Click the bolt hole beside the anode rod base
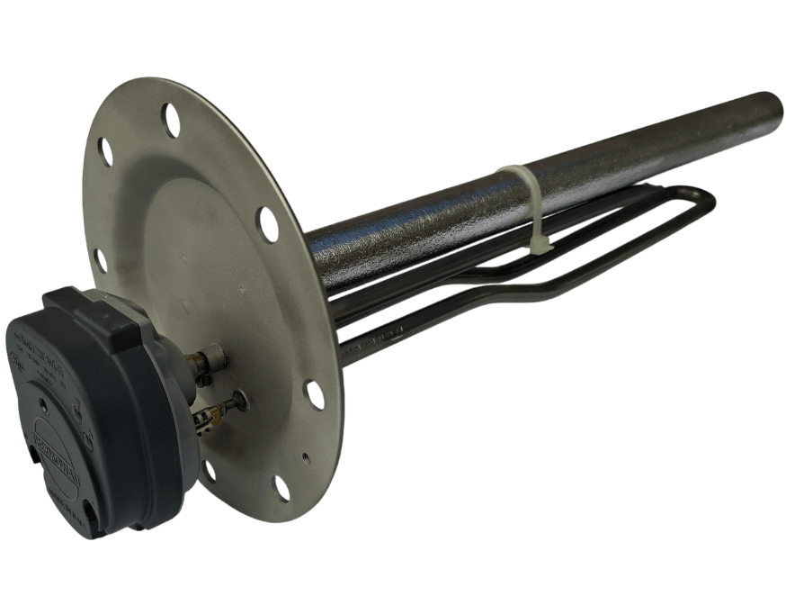point(267,223)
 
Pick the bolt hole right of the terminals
point(314,393)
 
